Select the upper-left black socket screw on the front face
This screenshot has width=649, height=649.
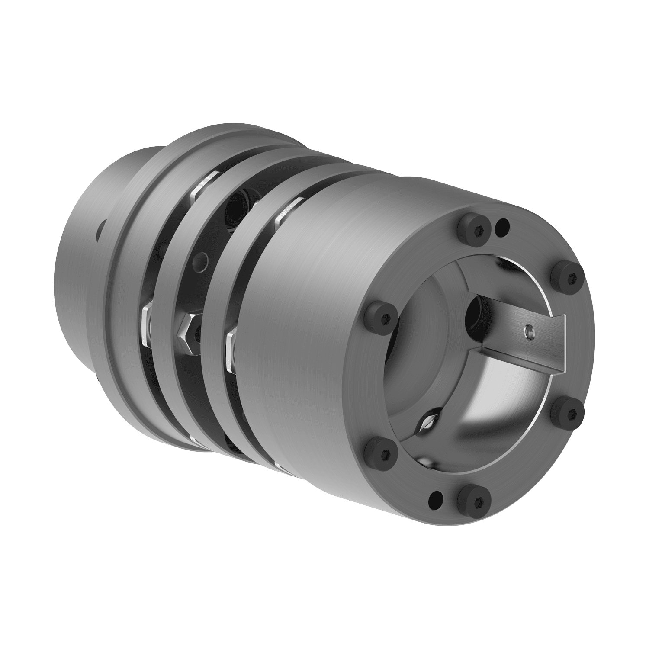pos(382,313)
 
